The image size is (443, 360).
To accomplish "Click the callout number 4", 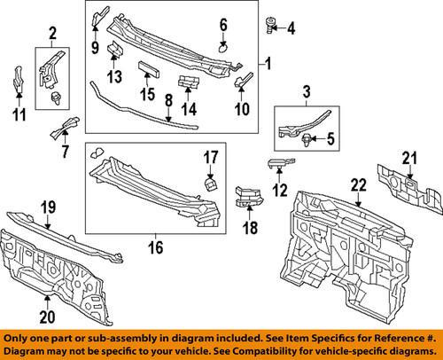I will pos(291,29).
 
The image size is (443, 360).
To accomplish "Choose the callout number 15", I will pos(148,93).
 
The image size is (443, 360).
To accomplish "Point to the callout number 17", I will pos(210,159).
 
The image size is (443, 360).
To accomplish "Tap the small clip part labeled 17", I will pos(212,183).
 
